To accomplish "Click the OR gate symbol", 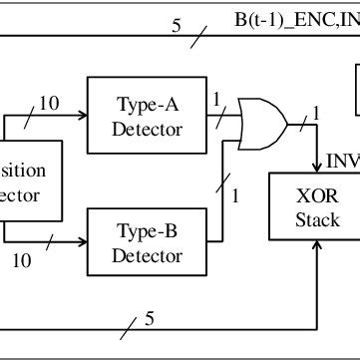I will click(x=262, y=127).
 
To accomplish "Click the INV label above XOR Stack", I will click(x=343, y=159).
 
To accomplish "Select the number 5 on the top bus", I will click(x=177, y=25).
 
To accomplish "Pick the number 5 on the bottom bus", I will click(x=151, y=319).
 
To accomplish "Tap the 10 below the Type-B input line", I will click(x=21, y=261).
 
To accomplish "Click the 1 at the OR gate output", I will click(x=316, y=113).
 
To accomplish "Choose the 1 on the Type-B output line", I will click(x=235, y=195).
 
